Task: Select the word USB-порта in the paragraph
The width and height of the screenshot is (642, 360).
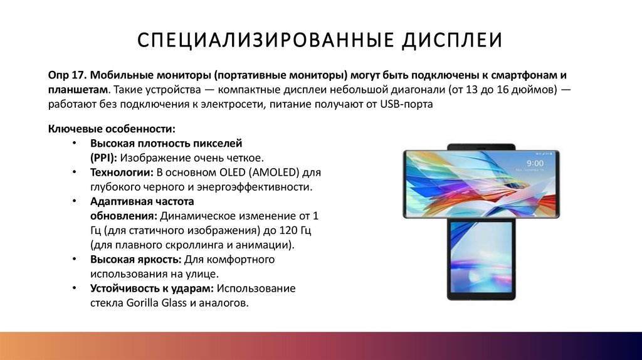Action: tap(406, 104)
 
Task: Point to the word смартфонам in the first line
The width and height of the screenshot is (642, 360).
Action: tap(525, 74)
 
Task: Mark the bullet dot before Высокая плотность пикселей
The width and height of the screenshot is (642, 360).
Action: tap(75, 143)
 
